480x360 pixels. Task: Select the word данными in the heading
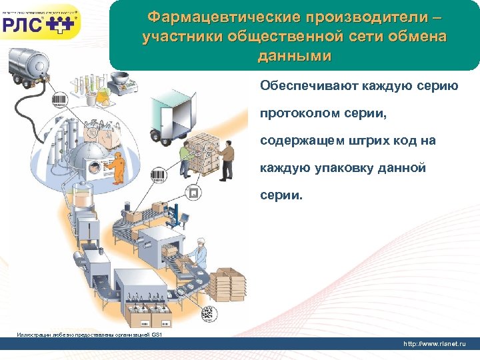click(x=294, y=56)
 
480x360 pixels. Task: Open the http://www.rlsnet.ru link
click(x=435, y=343)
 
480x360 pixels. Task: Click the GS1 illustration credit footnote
click(x=90, y=334)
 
